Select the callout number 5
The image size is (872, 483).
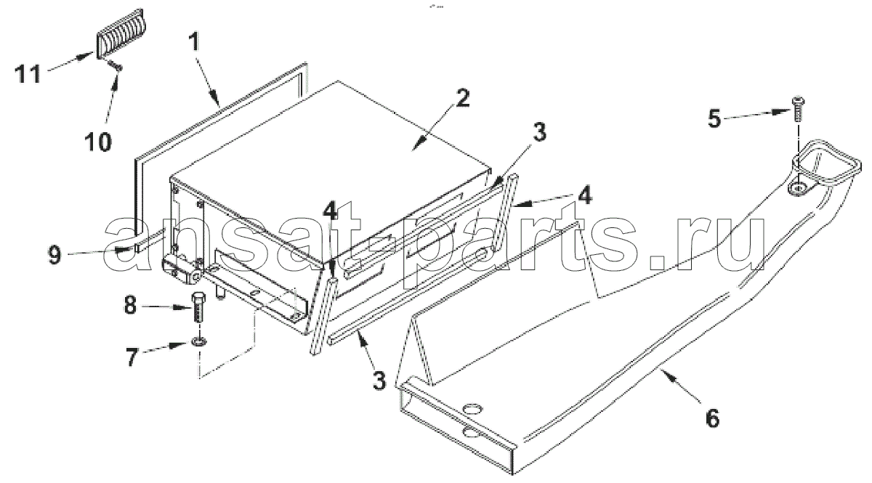point(714,118)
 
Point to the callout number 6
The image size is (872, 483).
point(712,418)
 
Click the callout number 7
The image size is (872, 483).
point(132,356)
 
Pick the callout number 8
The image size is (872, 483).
point(130,306)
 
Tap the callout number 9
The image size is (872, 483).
point(54,255)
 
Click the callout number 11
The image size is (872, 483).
point(28,73)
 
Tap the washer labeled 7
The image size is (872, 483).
point(199,343)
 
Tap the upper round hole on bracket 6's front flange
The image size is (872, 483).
point(472,410)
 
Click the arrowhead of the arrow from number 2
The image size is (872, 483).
point(416,146)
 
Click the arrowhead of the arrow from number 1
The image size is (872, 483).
point(215,101)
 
